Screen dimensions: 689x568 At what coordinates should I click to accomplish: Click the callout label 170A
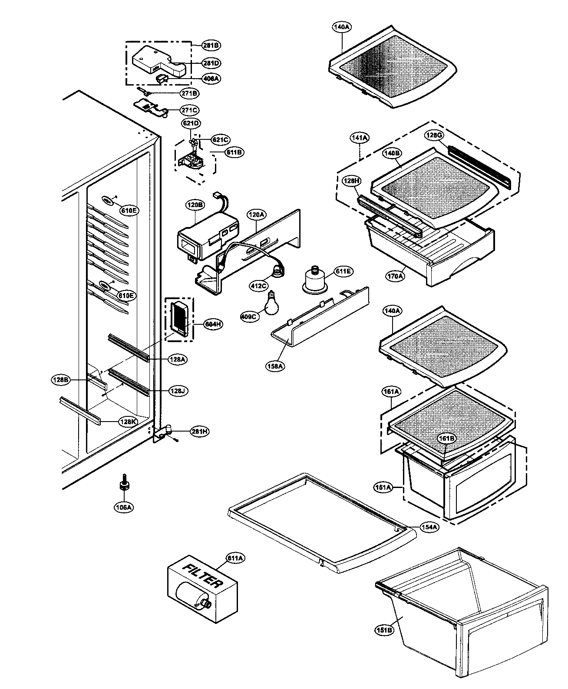click(396, 275)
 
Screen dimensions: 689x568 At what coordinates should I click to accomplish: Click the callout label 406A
click(211, 79)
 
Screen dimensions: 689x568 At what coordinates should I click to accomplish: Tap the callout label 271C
click(190, 110)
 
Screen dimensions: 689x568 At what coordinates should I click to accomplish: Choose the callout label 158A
click(275, 366)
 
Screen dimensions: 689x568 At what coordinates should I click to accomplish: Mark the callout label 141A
click(360, 138)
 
